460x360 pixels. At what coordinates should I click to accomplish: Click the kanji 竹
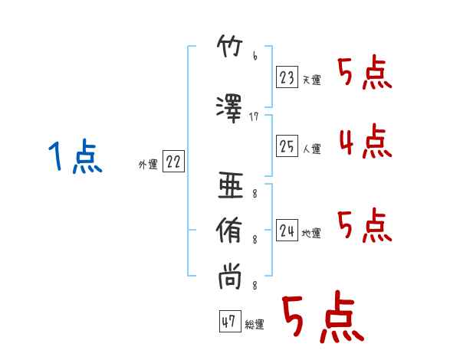230,46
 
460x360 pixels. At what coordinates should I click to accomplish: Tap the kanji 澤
229,109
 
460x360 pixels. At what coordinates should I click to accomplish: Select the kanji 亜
231,185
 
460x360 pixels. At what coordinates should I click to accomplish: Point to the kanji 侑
229,230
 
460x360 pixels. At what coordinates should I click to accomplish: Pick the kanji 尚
230,277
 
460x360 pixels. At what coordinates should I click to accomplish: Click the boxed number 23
287,77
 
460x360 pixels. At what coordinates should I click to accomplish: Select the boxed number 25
287,146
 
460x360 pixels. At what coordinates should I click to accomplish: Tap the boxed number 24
287,230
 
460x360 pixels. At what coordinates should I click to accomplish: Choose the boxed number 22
173,161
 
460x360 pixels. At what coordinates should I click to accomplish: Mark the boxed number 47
230,321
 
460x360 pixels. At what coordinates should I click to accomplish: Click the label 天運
311,80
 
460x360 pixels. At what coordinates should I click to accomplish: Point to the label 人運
311,149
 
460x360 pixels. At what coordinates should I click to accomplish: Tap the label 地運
311,234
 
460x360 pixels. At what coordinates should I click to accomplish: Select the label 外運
148,165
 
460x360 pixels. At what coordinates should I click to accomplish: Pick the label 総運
255,325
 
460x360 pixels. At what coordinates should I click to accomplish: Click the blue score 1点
75,156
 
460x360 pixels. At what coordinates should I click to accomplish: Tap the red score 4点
366,141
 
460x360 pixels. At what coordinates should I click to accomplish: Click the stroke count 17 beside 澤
254,117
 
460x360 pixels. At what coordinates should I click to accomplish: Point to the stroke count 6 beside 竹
255,56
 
